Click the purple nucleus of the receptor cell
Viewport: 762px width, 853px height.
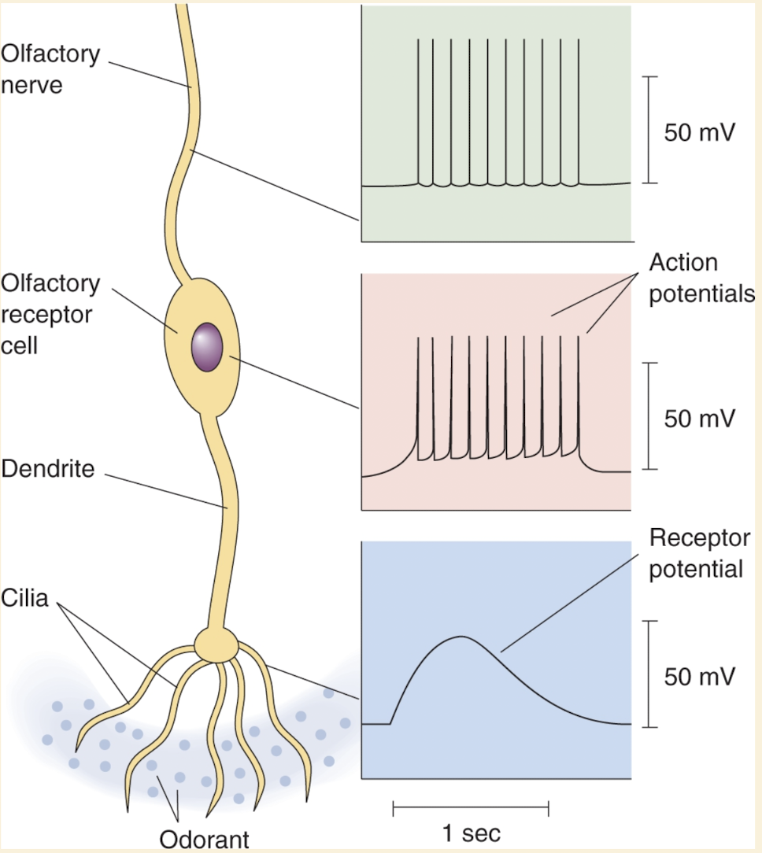[x=207, y=346]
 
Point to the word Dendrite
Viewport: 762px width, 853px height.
[x=48, y=470]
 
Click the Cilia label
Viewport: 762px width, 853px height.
[x=25, y=598]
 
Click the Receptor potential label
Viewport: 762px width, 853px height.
[x=699, y=553]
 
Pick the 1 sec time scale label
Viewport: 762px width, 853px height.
[x=471, y=833]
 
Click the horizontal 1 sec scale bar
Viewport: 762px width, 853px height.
[x=471, y=807]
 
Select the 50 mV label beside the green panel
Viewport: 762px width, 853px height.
[x=699, y=131]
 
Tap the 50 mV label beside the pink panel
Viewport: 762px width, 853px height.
[x=699, y=418]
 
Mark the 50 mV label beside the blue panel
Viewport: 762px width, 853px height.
[x=699, y=676]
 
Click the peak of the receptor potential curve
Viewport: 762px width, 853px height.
[x=461, y=637]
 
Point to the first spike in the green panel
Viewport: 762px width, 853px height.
[x=419, y=110]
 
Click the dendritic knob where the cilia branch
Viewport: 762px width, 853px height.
[x=216, y=644]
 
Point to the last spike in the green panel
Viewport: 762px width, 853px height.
[x=579, y=110]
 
